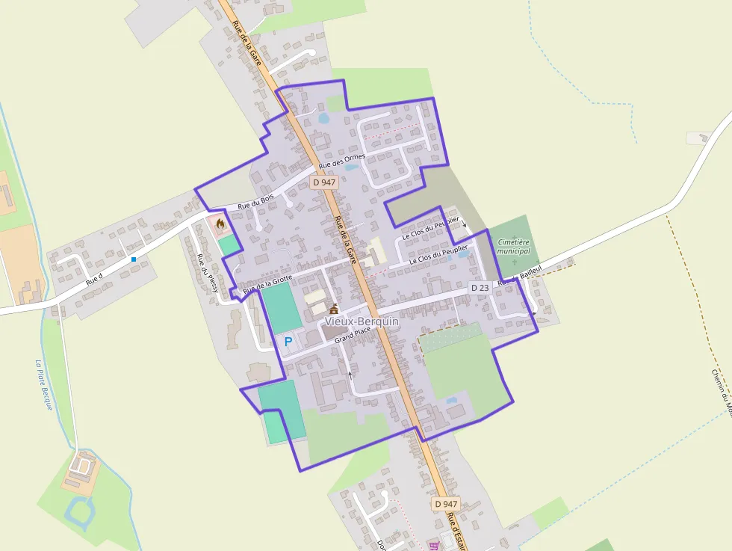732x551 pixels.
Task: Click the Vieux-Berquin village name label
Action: (362, 321)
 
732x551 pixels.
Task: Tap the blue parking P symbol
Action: (288, 341)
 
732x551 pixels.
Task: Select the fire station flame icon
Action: (220, 223)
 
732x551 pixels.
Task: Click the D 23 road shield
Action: (480, 288)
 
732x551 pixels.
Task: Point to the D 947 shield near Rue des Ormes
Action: (325, 182)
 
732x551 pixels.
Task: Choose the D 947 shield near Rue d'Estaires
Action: (445, 504)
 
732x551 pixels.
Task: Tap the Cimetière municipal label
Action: (513, 247)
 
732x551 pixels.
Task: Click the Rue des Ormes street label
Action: (342, 161)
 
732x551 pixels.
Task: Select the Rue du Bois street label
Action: (256, 201)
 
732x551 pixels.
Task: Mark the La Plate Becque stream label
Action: (43, 385)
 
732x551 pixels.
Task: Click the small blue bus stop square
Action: (134, 259)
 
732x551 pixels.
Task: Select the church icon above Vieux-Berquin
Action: (333, 310)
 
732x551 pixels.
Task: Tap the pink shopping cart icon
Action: (434, 546)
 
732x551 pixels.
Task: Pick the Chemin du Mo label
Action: (722, 389)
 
